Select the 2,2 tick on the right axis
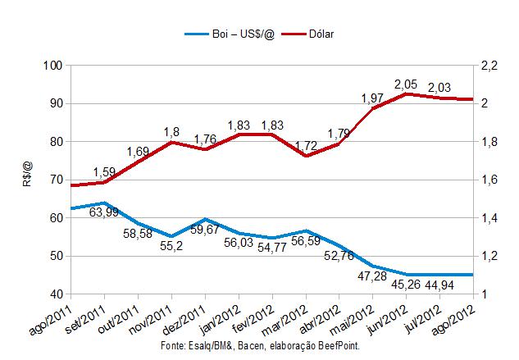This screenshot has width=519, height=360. click(x=491, y=66)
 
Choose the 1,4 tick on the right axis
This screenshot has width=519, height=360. click(x=491, y=217)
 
